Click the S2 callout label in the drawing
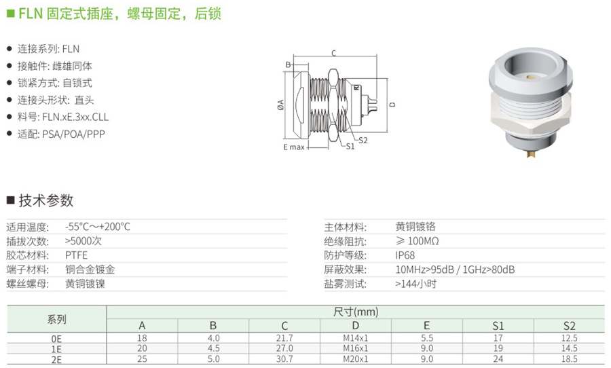(363, 141)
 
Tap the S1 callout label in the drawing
(350, 147)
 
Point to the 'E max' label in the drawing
(294, 147)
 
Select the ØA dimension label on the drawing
(280, 105)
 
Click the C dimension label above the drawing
(333, 54)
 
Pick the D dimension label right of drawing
(392, 105)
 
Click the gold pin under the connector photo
(530, 153)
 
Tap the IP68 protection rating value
(405, 255)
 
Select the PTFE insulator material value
(76, 255)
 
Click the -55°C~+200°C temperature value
(97, 227)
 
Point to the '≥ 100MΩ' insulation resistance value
(417, 241)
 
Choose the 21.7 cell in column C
(284, 338)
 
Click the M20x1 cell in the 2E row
(355, 358)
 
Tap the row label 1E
(56, 349)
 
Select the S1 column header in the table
(498, 325)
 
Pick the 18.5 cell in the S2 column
(570, 358)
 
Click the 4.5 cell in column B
(213, 348)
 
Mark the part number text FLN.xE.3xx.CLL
(75, 117)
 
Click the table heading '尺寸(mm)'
(356, 312)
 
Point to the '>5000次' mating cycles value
(84, 241)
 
